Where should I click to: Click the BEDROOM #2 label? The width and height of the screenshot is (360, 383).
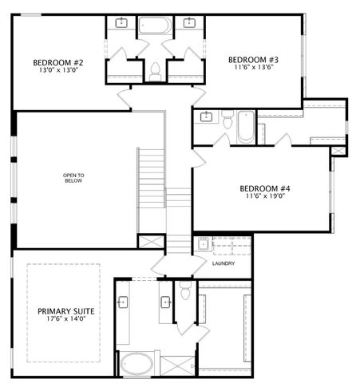click(58, 62)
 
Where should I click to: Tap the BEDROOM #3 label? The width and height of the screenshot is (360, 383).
click(253, 59)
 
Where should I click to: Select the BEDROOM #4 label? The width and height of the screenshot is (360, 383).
click(264, 188)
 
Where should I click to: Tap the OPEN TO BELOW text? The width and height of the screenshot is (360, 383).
click(73, 178)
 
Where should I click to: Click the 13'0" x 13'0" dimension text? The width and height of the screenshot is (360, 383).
click(58, 71)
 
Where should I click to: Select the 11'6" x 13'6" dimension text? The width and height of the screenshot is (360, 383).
click(253, 68)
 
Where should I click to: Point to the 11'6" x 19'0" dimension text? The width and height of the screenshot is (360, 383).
click(264, 197)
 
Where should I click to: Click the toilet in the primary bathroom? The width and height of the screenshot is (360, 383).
click(185, 292)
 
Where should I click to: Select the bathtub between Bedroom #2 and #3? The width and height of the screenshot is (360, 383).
click(154, 25)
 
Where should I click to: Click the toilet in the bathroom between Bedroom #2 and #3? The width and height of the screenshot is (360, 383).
click(154, 73)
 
